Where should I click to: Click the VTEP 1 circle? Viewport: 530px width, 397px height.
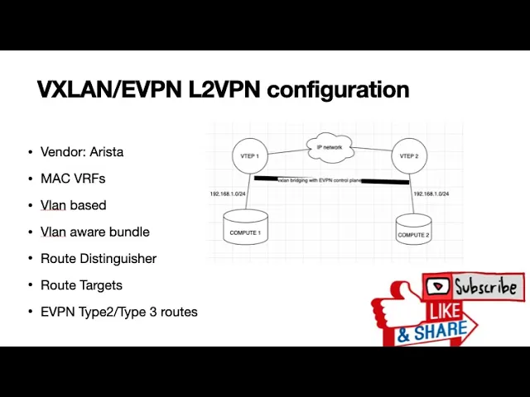(249, 156)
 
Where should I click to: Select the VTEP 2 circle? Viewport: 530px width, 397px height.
(408, 156)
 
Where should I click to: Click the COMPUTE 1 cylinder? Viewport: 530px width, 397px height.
(245, 229)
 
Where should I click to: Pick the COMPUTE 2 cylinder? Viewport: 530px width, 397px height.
(413, 232)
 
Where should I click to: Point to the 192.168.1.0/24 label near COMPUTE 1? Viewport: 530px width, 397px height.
(227, 194)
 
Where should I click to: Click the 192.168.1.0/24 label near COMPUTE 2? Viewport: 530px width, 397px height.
(431, 194)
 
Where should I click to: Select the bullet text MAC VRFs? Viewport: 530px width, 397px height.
(73, 179)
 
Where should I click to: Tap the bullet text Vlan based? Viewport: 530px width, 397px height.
(73, 205)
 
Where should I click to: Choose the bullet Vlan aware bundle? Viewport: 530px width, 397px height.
(94, 232)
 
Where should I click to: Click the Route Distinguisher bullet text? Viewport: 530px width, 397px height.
(98, 258)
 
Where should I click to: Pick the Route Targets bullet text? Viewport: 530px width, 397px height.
(81, 285)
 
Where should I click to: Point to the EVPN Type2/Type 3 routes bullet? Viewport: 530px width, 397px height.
(118, 312)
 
